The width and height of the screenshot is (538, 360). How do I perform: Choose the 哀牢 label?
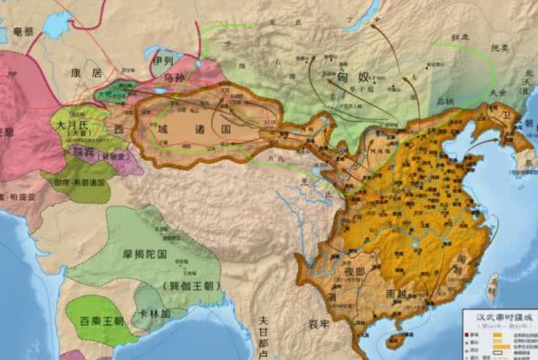(x=317, y=321)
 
